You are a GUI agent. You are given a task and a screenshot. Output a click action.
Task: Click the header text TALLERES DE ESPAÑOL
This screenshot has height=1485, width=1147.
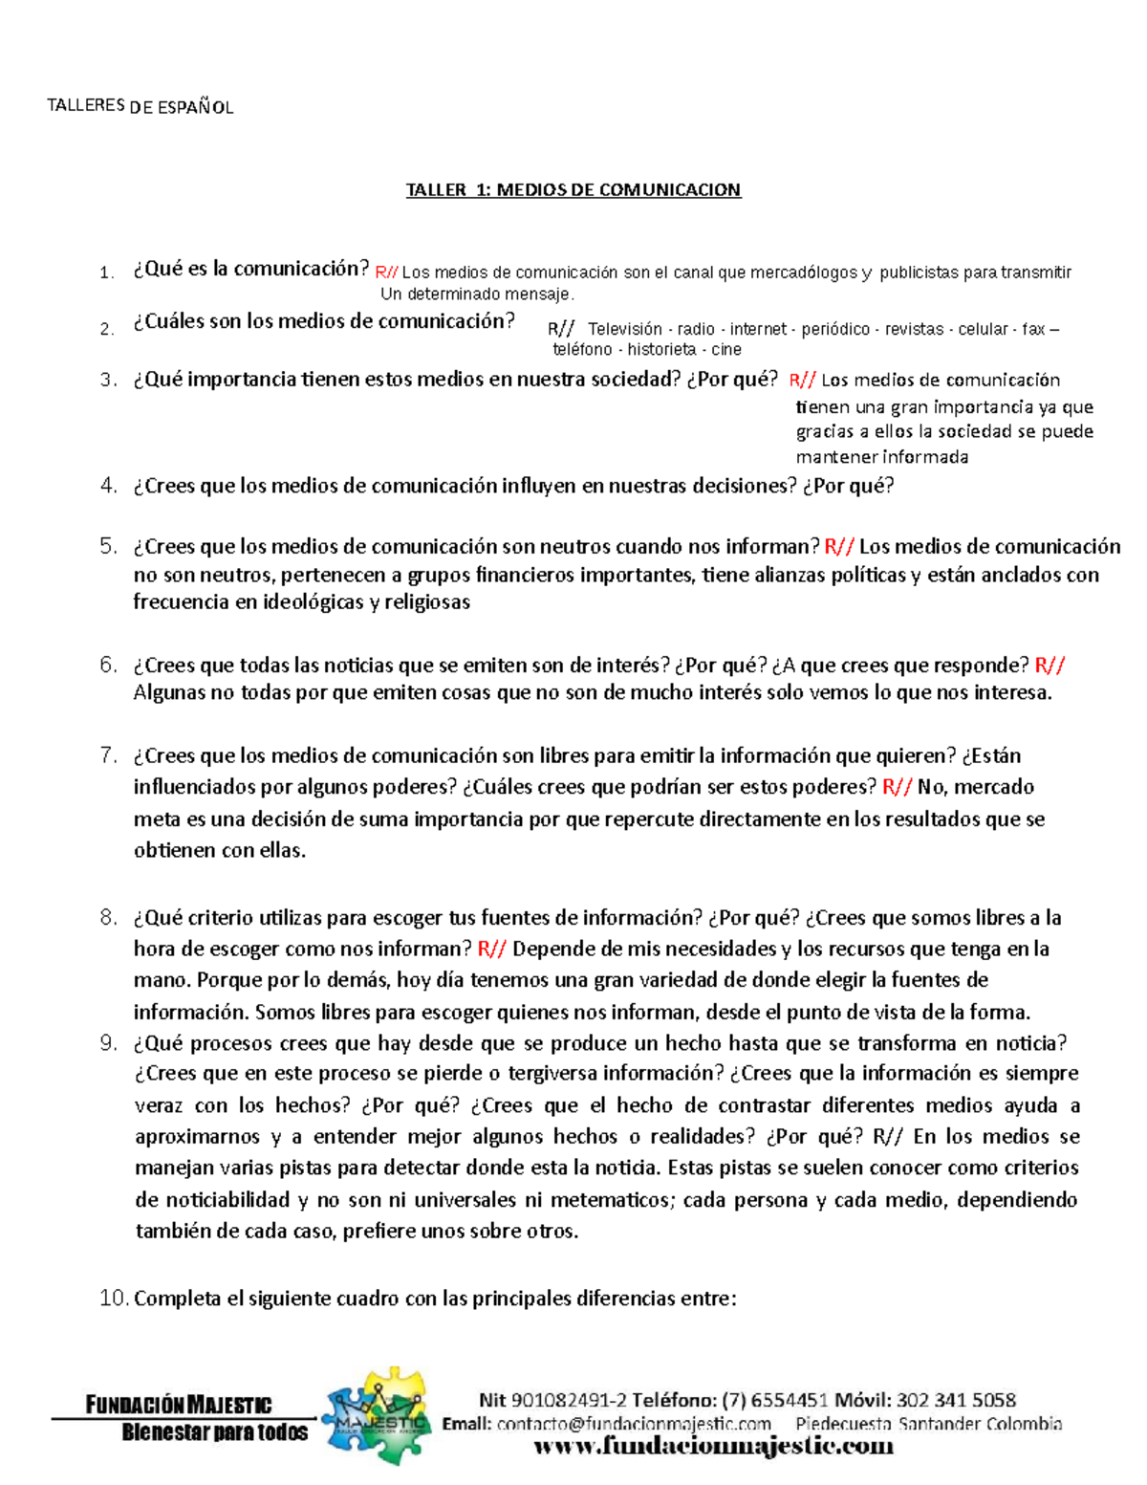[140, 106]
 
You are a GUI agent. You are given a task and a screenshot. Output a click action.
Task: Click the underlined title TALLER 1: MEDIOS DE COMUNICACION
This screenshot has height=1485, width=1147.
[573, 189]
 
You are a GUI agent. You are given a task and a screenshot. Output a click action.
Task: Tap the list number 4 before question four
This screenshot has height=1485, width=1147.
[108, 486]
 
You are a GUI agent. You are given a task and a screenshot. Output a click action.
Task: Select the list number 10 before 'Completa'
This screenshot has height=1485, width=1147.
[113, 1299]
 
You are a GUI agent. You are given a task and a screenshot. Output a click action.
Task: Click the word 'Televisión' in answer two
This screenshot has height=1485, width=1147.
[625, 329]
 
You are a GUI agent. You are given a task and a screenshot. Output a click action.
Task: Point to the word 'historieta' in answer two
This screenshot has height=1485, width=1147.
[661, 350]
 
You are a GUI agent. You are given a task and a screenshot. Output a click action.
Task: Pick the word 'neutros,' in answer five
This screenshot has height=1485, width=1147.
[238, 575]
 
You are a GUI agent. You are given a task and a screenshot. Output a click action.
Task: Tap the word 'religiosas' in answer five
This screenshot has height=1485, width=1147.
[427, 602]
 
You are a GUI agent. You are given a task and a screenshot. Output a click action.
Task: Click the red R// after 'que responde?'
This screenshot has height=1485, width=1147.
[1050, 666]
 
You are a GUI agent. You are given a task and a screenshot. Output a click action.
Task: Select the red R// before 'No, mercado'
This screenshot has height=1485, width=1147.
[897, 787]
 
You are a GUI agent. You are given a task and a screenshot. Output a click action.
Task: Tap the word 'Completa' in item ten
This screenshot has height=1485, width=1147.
[178, 1299]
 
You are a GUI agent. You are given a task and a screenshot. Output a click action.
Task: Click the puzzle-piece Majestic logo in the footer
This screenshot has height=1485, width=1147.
[376, 1416]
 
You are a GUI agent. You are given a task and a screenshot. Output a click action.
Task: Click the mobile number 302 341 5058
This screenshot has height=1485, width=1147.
[958, 1401]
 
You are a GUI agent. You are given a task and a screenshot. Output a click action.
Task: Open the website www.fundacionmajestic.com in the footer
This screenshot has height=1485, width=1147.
[712, 1446]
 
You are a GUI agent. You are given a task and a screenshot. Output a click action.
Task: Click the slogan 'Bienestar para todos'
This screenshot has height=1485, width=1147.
[215, 1432]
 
